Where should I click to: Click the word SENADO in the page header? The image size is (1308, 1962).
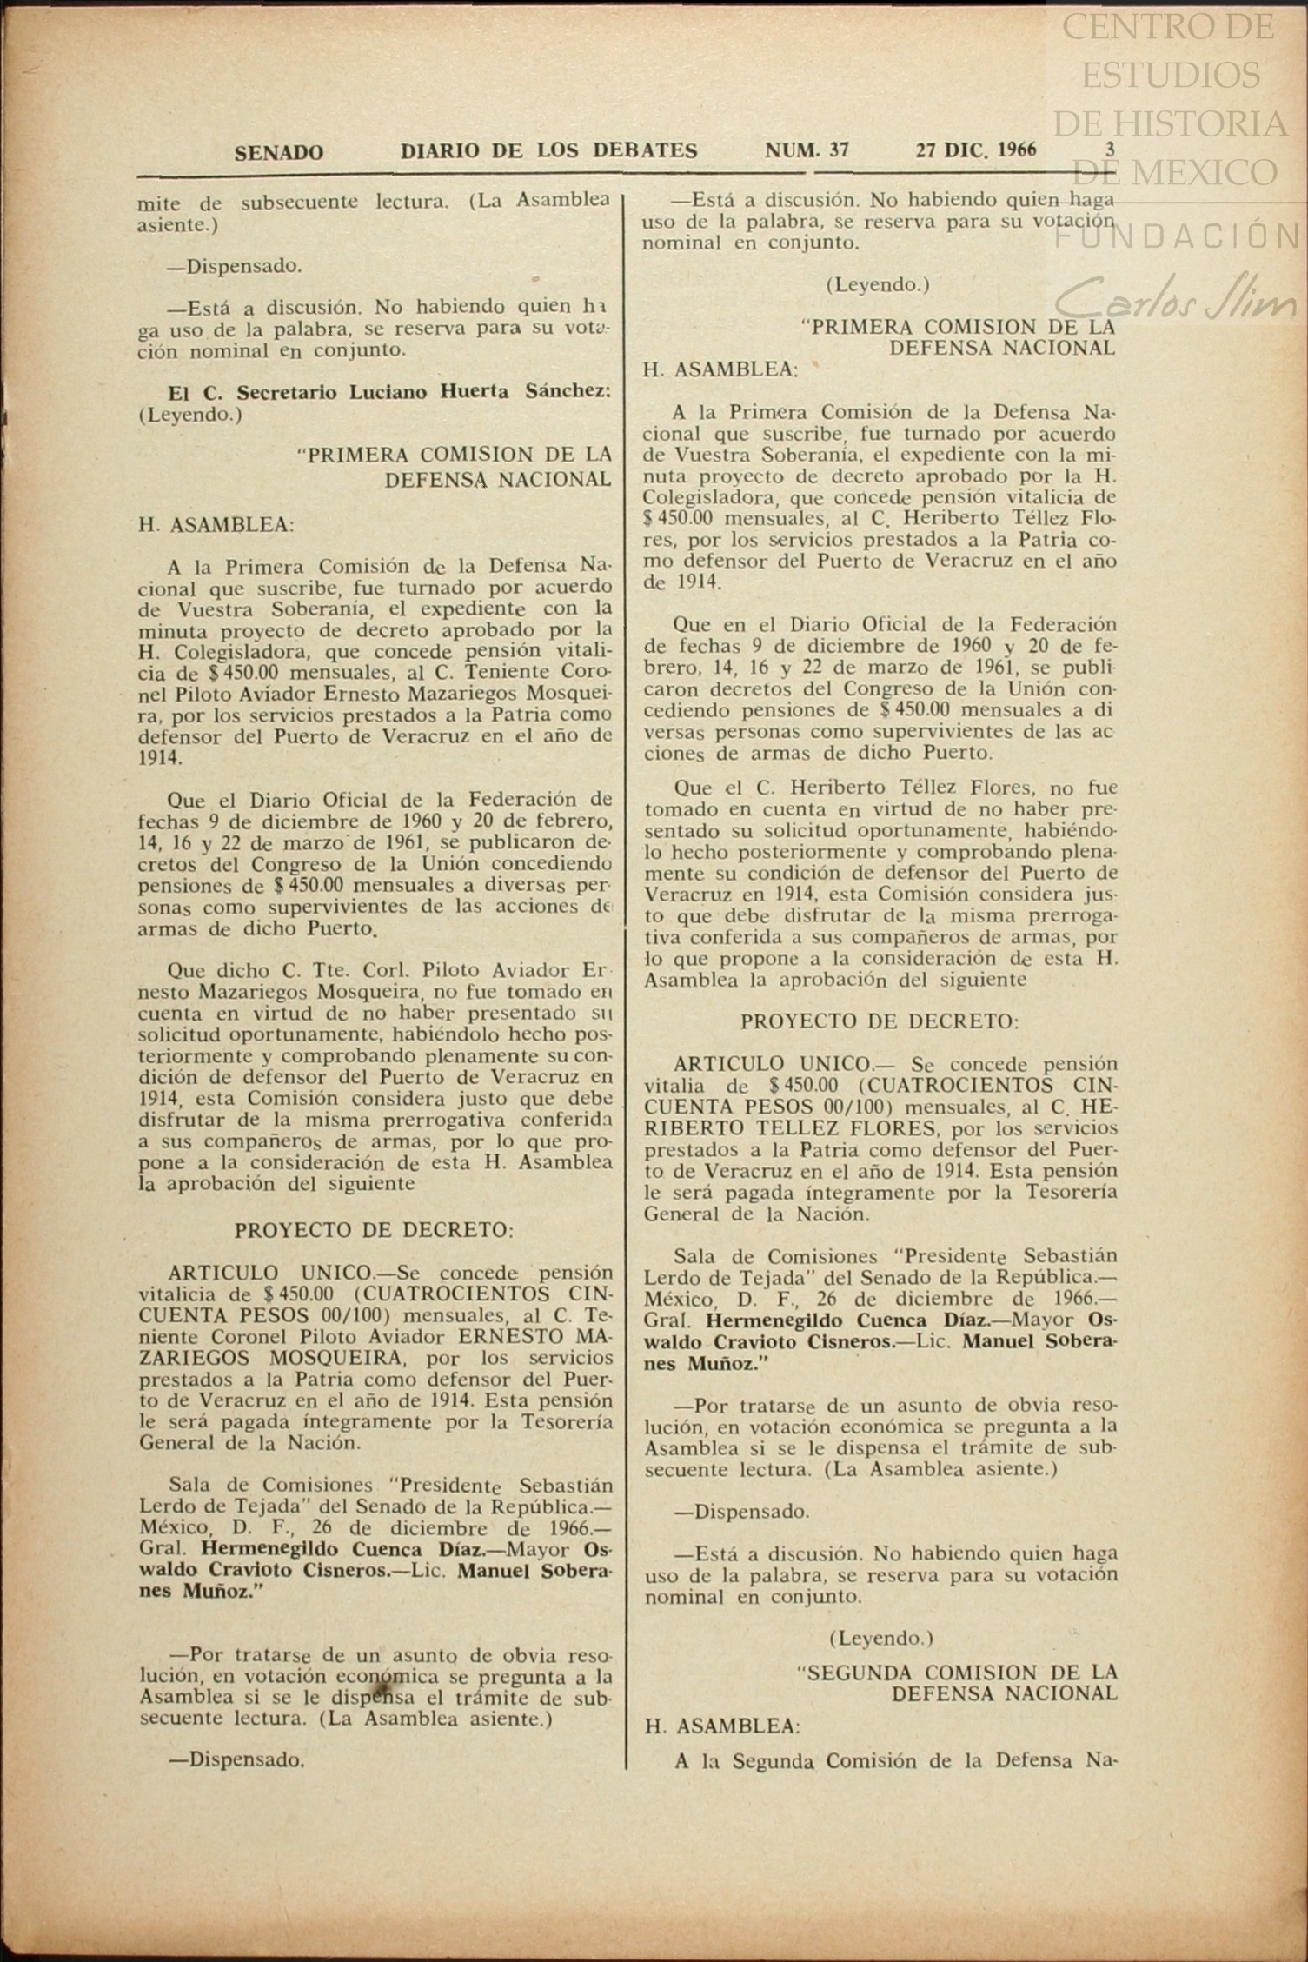pyautogui.click(x=278, y=153)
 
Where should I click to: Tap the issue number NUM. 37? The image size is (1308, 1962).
pyautogui.click(x=806, y=150)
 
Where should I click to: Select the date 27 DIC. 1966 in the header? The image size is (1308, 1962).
pyautogui.click(x=975, y=150)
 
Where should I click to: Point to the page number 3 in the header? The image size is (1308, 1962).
pyautogui.click(x=1109, y=150)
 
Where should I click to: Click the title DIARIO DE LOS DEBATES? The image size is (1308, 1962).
pyautogui.click(x=548, y=151)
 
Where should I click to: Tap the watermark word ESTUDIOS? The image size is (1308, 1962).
pyautogui.click(x=1170, y=76)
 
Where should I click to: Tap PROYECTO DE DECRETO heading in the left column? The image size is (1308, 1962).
pyautogui.click(x=374, y=1230)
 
